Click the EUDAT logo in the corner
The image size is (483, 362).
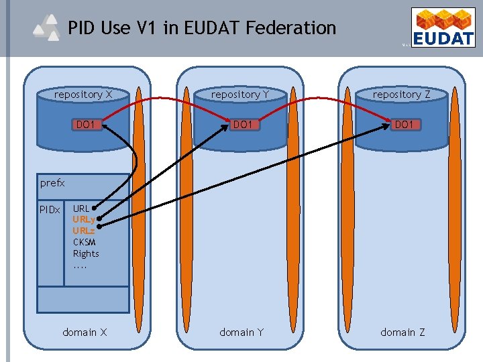point(443,27)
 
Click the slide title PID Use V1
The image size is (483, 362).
point(201,27)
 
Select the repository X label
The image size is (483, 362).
point(83,95)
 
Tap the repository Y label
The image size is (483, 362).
point(240,95)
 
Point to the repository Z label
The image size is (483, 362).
point(401,95)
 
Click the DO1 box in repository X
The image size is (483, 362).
point(85,124)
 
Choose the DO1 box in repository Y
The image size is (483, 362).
point(241,124)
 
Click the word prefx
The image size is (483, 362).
point(52,182)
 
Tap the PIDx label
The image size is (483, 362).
point(50,210)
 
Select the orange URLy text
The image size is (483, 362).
point(84,219)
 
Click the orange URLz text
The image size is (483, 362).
point(84,231)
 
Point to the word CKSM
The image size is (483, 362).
point(85,242)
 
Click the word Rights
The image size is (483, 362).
point(86,253)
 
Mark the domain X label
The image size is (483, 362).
point(85,332)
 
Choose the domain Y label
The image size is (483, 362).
point(241,332)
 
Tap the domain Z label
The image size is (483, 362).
point(402,332)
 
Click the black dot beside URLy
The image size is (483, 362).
point(99,218)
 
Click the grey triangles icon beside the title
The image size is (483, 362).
point(47,29)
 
